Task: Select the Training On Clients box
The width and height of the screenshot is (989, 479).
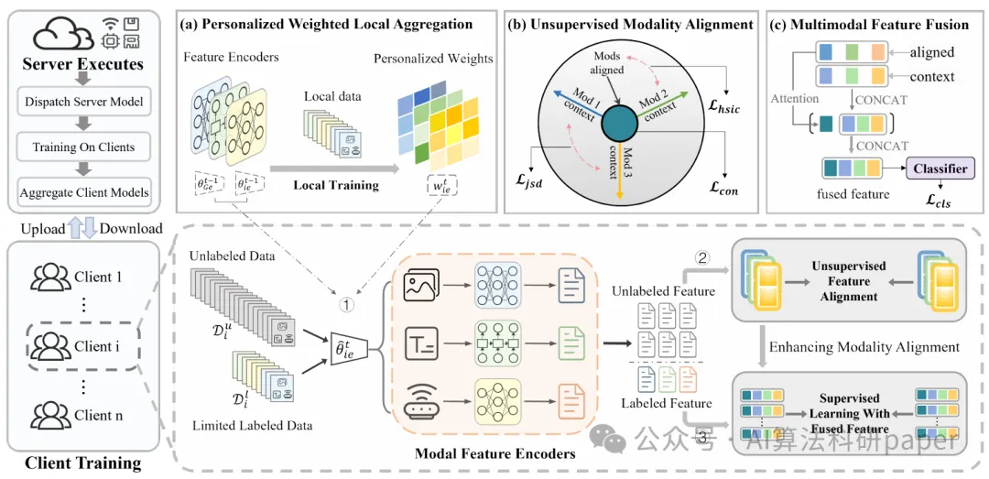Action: (x=84, y=147)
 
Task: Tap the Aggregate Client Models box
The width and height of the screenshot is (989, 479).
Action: (x=84, y=192)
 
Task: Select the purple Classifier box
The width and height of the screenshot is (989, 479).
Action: (x=940, y=169)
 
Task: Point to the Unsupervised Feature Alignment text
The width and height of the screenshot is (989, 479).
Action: (x=849, y=281)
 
